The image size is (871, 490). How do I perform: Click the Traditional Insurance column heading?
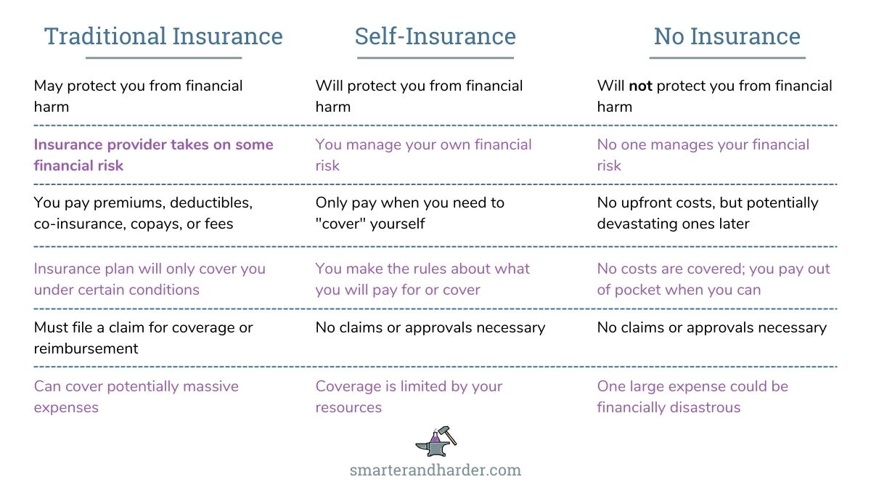(x=163, y=36)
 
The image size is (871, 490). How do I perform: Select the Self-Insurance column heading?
(x=435, y=36)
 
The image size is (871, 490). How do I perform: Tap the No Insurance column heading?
(x=727, y=36)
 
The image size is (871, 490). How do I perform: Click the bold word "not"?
(x=640, y=86)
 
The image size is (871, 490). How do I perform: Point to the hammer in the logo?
(x=447, y=435)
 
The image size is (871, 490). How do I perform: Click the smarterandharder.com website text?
(x=435, y=470)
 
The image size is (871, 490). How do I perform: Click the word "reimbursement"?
(x=86, y=348)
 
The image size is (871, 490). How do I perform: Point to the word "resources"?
(x=348, y=408)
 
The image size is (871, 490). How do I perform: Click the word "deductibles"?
(x=211, y=203)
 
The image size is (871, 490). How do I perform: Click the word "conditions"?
(x=164, y=290)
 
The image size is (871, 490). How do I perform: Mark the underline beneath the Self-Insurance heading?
(x=435, y=57)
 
